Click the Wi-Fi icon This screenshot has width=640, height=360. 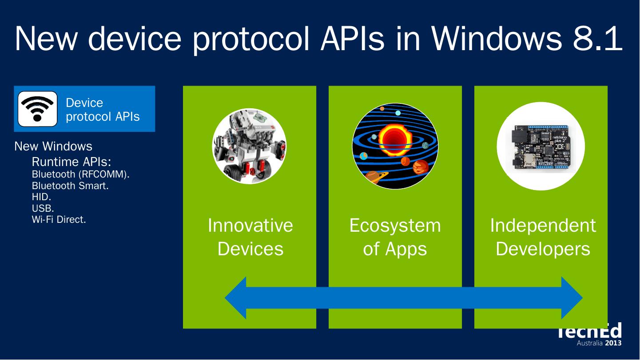(x=37, y=109)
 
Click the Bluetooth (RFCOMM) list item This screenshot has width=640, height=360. (x=80, y=174)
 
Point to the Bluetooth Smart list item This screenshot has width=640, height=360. (x=70, y=186)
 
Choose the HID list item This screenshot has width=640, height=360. (x=41, y=197)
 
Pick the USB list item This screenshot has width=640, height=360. (x=43, y=208)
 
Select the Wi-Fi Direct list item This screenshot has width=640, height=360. (x=59, y=219)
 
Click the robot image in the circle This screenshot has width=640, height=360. (x=249, y=146)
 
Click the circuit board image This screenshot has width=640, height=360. (x=540, y=146)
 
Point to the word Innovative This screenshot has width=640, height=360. (x=250, y=225)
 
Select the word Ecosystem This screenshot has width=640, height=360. (x=395, y=225)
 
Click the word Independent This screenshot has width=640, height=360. (x=543, y=225)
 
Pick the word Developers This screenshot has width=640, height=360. (x=543, y=249)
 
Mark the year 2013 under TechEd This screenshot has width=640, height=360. (x=613, y=343)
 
